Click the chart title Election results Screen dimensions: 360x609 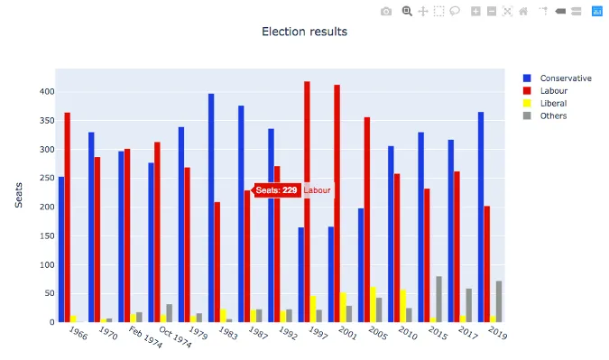tap(304, 32)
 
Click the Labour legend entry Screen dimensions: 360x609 tap(553, 91)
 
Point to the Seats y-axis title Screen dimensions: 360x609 tap(19, 194)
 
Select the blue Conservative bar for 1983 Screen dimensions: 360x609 tap(211, 208)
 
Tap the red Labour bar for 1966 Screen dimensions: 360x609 tap(68, 217)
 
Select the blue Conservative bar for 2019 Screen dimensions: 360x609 tap(481, 217)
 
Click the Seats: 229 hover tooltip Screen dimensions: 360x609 tap(276, 190)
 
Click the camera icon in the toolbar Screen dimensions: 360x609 tap(386, 11)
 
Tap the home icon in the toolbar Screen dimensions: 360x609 tap(523, 11)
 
